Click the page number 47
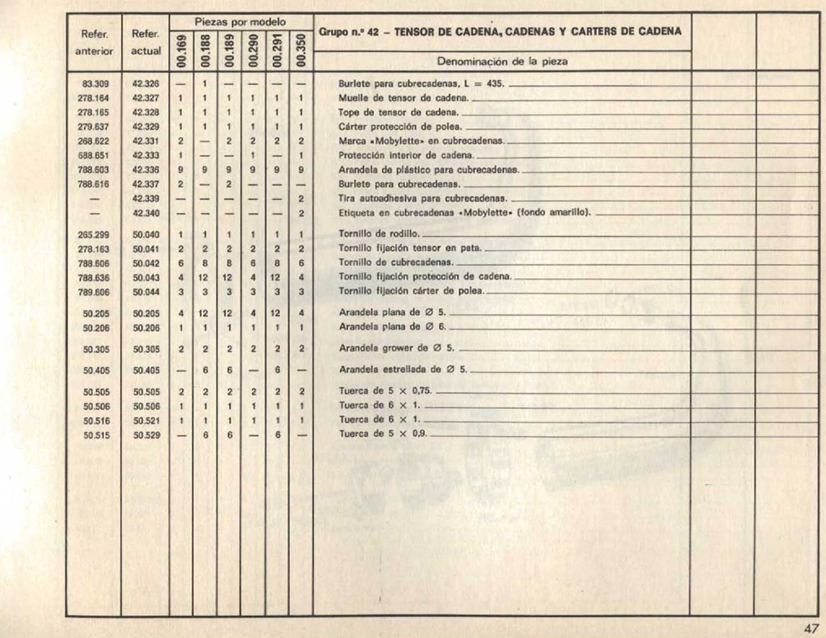point(811,628)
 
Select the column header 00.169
point(181,51)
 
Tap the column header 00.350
point(301,51)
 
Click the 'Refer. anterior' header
point(94,43)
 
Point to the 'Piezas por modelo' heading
point(240,22)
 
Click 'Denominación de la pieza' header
point(502,61)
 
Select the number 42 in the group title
point(372,31)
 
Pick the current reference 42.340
point(146,213)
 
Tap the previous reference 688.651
point(94,156)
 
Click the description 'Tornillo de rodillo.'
point(379,234)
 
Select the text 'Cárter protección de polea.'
point(400,127)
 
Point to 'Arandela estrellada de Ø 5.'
point(403,370)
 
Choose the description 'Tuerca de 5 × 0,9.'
point(383,434)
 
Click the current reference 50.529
point(146,435)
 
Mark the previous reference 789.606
point(94,292)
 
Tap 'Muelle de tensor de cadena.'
point(403,98)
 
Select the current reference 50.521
point(146,421)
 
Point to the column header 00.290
point(253,51)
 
